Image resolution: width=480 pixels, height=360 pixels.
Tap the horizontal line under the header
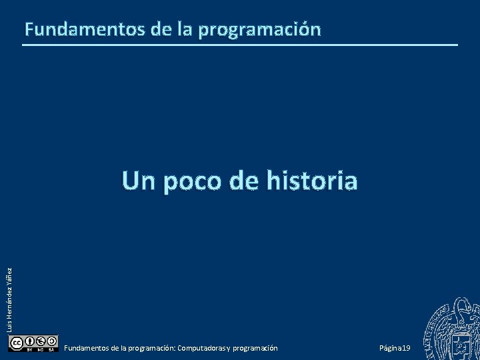(240, 45)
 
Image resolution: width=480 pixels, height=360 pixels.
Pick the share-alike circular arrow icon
(51, 340)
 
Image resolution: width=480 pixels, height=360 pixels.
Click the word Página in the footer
(389, 349)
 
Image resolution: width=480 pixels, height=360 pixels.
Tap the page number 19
(406, 349)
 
